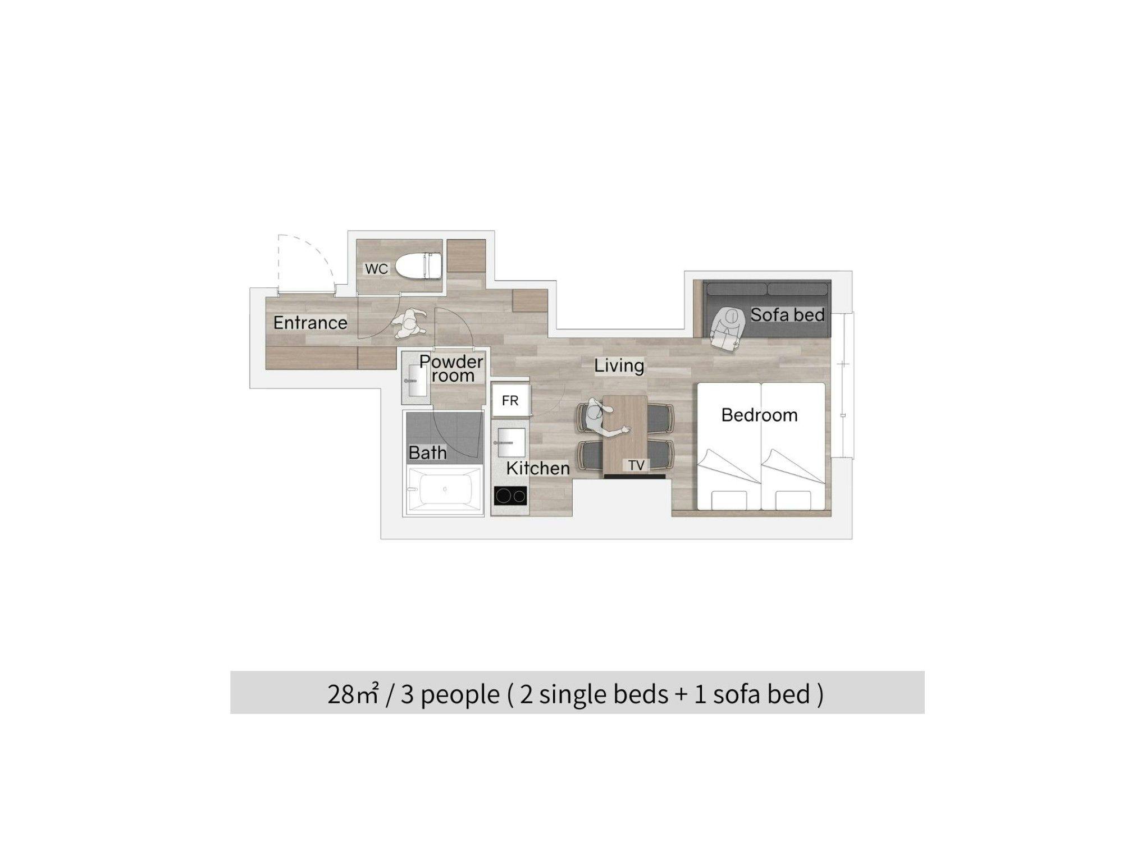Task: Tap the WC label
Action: coord(376,269)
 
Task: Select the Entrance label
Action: coord(310,323)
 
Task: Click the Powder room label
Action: coord(451,368)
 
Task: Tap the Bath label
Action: coord(427,452)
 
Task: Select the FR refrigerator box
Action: coord(510,400)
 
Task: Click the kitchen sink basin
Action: coord(511,442)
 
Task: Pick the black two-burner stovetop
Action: coord(510,496)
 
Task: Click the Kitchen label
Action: coord(538,468)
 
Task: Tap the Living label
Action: coord(619,365)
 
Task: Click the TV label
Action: coord(636,465)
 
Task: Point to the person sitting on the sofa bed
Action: coord(727,330)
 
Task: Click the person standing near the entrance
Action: coord(408,324)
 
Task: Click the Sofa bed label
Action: coord(787,315)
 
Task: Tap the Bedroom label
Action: coord(759,415)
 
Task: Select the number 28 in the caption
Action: coord(341,694)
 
